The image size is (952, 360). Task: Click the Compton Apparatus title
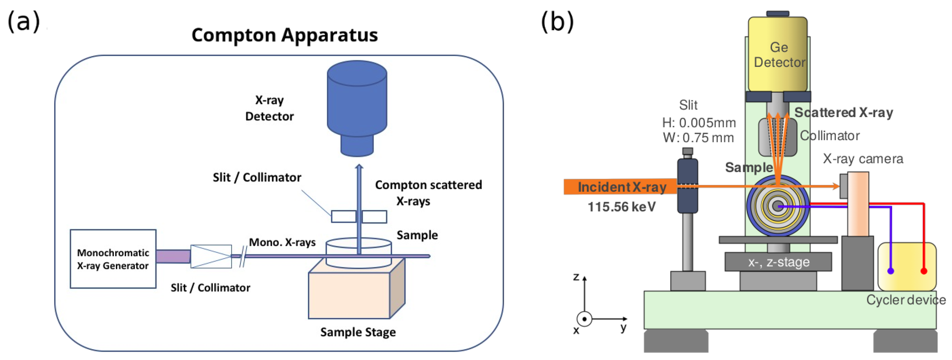click(285, 35)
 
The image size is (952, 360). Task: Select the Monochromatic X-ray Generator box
click(113, 259)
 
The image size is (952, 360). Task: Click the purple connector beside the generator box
click(173, 256)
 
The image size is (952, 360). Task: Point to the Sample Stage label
click(358, 332)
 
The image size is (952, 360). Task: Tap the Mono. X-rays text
click(282, 242)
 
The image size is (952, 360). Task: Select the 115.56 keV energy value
click(622, 207)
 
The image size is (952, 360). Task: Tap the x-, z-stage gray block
click(778, 262)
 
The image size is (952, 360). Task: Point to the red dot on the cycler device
click(924, 271)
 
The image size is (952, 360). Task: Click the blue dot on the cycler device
click(891, 271)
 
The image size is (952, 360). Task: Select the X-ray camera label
click(863, 159)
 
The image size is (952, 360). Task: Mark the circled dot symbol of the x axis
click(584, 319)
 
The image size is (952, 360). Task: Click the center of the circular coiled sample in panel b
click(778, 206)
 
